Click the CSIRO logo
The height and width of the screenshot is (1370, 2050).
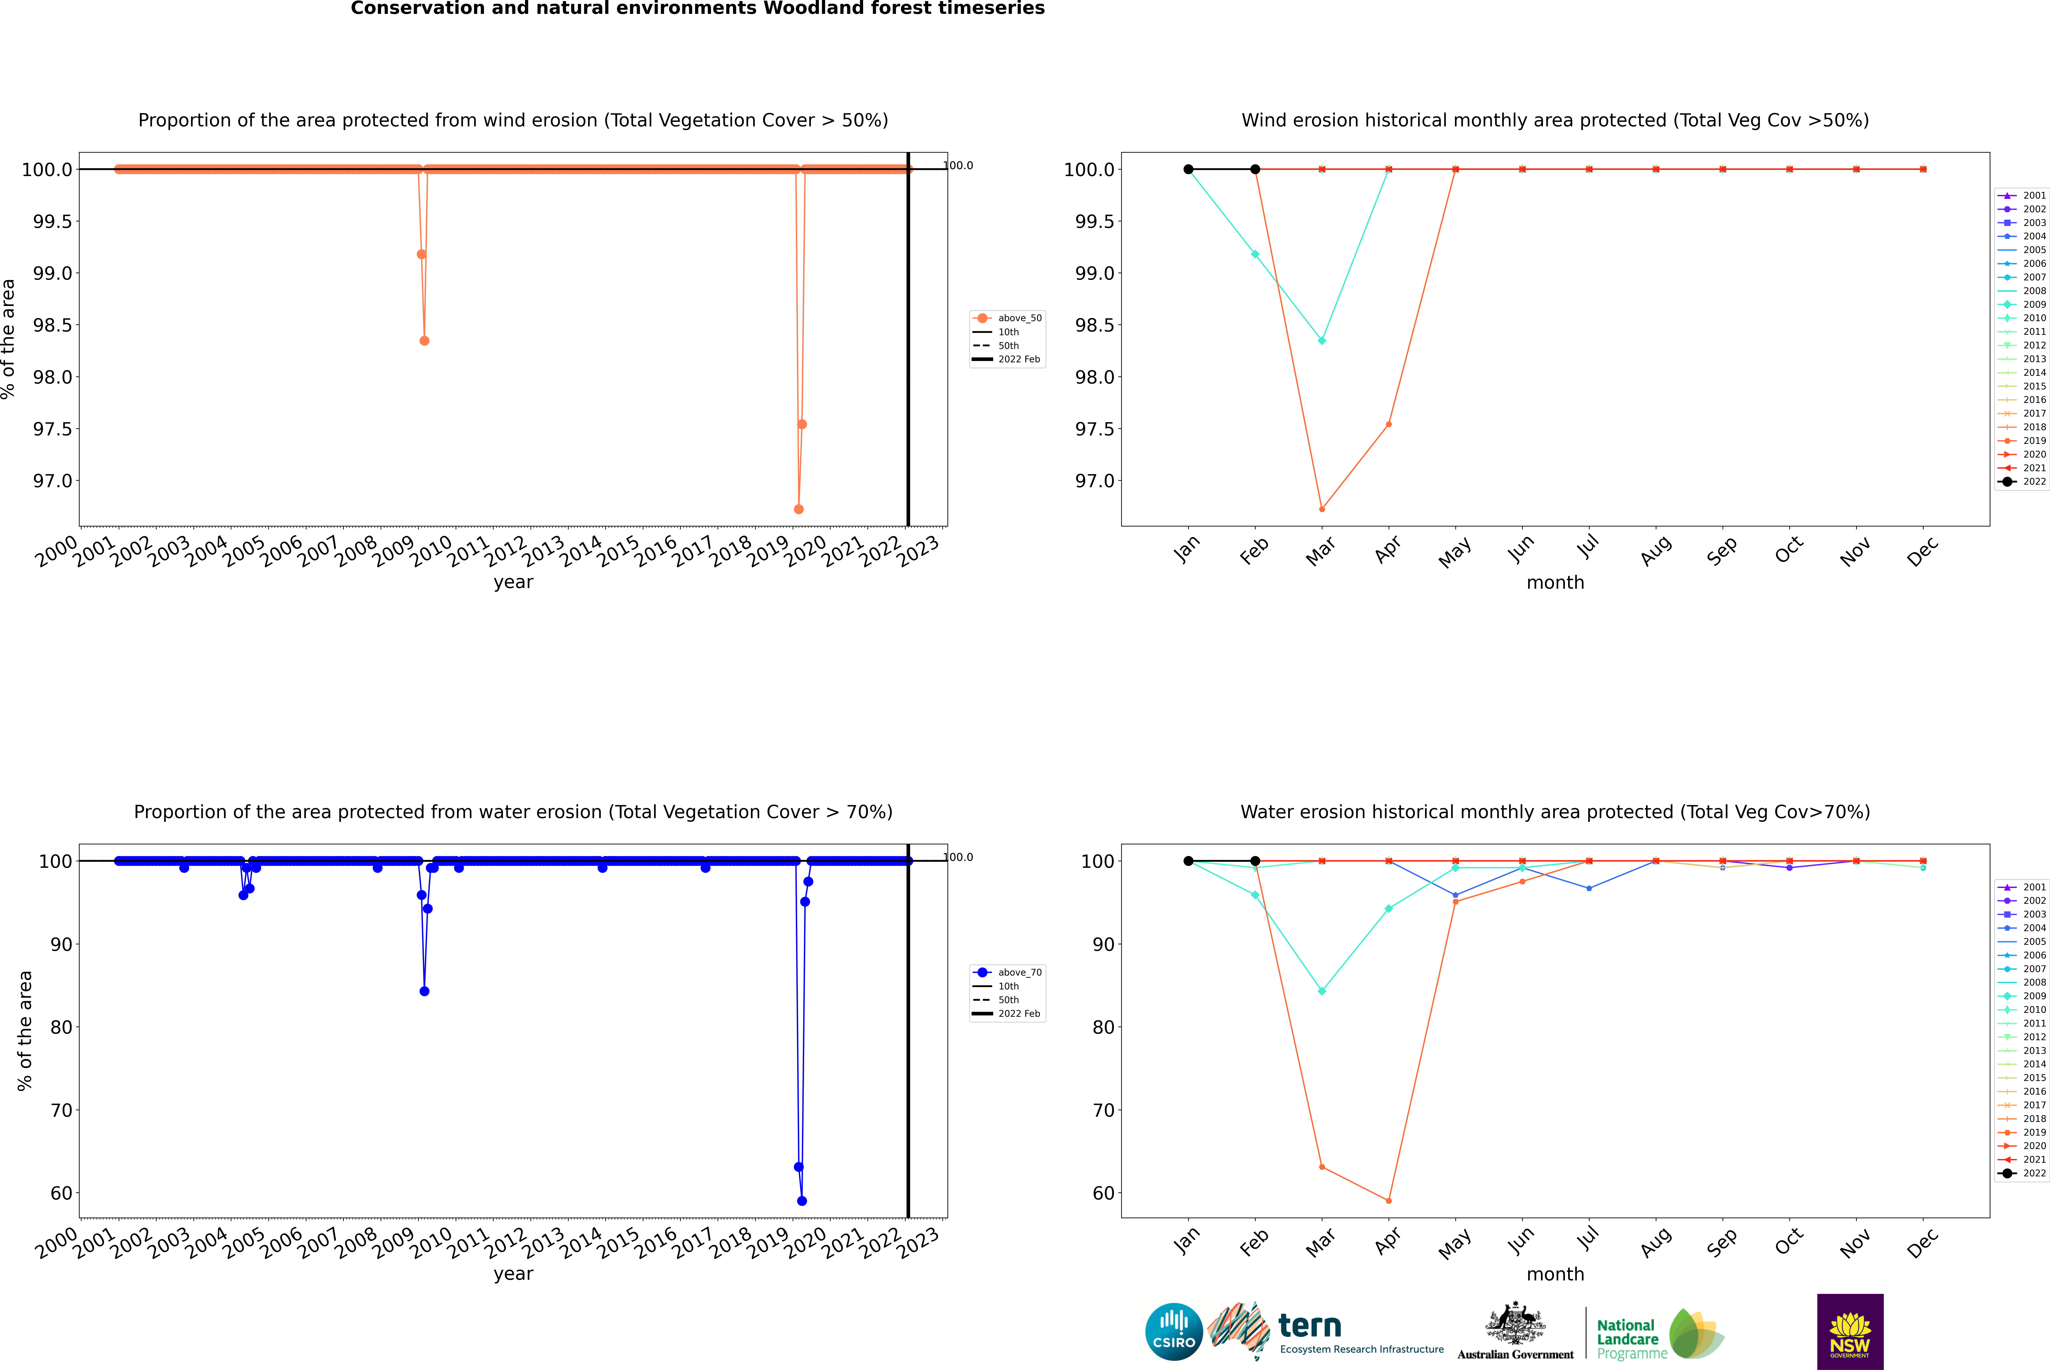[x=1174, y=1332]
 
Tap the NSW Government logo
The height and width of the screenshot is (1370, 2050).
[x=1850, y=1332]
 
